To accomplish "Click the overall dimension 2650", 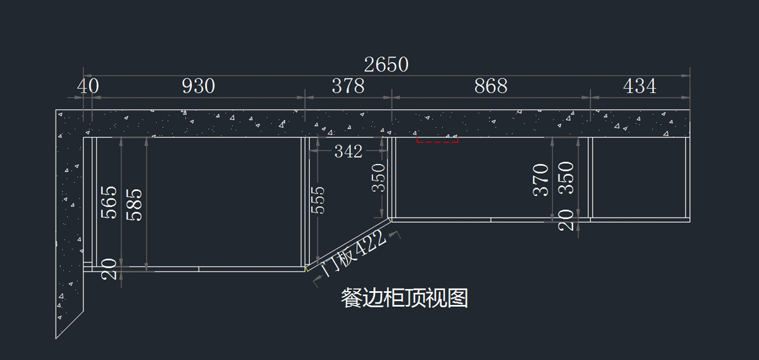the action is click(386, 65).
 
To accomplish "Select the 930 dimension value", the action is click(199, 86).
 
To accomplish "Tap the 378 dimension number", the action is click(348, 86).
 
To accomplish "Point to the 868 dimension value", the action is click(491, 86).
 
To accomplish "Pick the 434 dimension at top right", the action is click(639, 86).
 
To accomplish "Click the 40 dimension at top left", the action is click(88, 86).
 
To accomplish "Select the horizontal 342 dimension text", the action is click(349, 151).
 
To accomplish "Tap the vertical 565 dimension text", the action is click(109, 202).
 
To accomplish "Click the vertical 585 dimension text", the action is click(134, 205).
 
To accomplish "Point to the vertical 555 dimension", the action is click(318, 200).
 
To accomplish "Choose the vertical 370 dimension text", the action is click(541, 180).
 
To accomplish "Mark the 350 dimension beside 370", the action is click(566, 178).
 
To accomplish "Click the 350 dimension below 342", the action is click(378, 178).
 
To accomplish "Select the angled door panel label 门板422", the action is click(354, 253).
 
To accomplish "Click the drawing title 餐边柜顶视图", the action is click(405, 298).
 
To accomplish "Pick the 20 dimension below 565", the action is click(109, 269).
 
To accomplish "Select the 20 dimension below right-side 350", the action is click(566, 220).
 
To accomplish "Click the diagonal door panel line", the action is click(348, 245).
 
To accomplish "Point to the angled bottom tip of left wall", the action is click(56, 338).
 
